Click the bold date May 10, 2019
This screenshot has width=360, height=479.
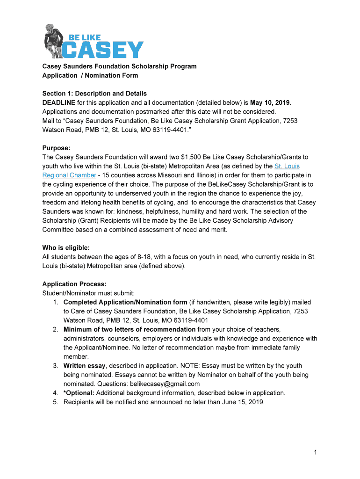[270, 102]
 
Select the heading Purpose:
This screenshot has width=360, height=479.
[57, 148]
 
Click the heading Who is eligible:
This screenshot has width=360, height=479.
[66, 247]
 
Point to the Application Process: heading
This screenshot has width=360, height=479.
[74, 284]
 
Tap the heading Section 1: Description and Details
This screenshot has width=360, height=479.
[94, 94]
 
